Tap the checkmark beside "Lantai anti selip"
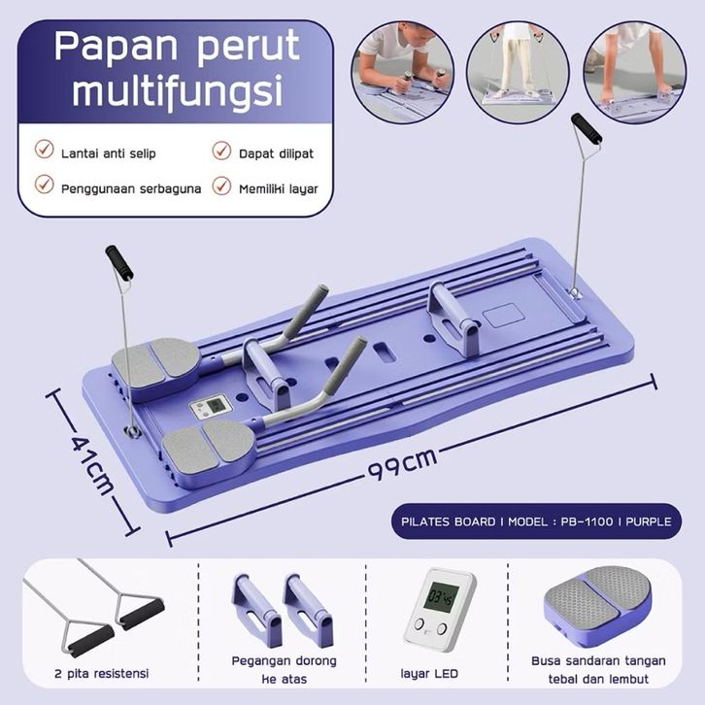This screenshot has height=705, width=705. coord(44,151)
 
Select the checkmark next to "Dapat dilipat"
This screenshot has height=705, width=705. coord(221,151)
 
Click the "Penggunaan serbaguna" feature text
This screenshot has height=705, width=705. coord(131,187)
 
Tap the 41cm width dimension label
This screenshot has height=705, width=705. coord(92,460)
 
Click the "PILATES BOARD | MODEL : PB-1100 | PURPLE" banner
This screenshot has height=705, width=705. coord(536,521)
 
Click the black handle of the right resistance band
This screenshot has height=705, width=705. coord(586,128)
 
